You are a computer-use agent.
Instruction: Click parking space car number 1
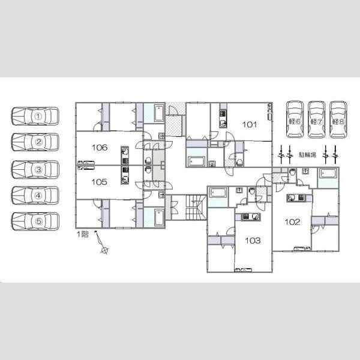coord(35,116)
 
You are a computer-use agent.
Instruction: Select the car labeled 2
coord(35,142)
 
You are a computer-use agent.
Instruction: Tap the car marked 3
coord(35,170)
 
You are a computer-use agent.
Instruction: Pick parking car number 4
coord(35,196)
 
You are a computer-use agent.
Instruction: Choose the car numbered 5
coord(35,221)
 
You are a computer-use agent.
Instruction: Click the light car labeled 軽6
coord(295,119)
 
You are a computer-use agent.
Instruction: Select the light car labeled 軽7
coord(317,119)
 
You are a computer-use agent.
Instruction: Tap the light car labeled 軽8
coord(338,119)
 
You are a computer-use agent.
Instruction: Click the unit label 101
coord(250,125)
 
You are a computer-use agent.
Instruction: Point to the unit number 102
coord(292,222)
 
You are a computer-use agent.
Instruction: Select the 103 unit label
coord(253,241)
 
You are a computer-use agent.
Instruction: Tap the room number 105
coord(99,182)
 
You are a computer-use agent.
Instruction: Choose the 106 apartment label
coord(100,148)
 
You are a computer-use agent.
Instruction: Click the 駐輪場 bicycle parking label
coord(307,155)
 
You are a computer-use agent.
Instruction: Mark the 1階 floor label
coord(82,235)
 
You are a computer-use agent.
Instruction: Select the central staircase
coord(196,208)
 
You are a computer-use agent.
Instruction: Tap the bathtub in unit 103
coord(218,193)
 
